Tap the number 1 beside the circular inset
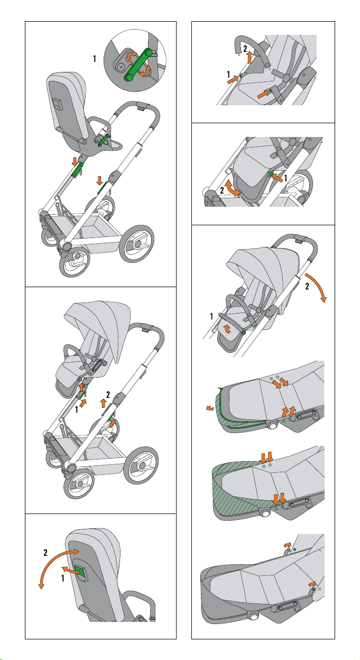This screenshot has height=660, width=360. coord(94,59)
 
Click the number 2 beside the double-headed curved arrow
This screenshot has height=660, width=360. coord(47,552)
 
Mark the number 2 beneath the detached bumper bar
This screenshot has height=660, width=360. coord(245,48)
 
